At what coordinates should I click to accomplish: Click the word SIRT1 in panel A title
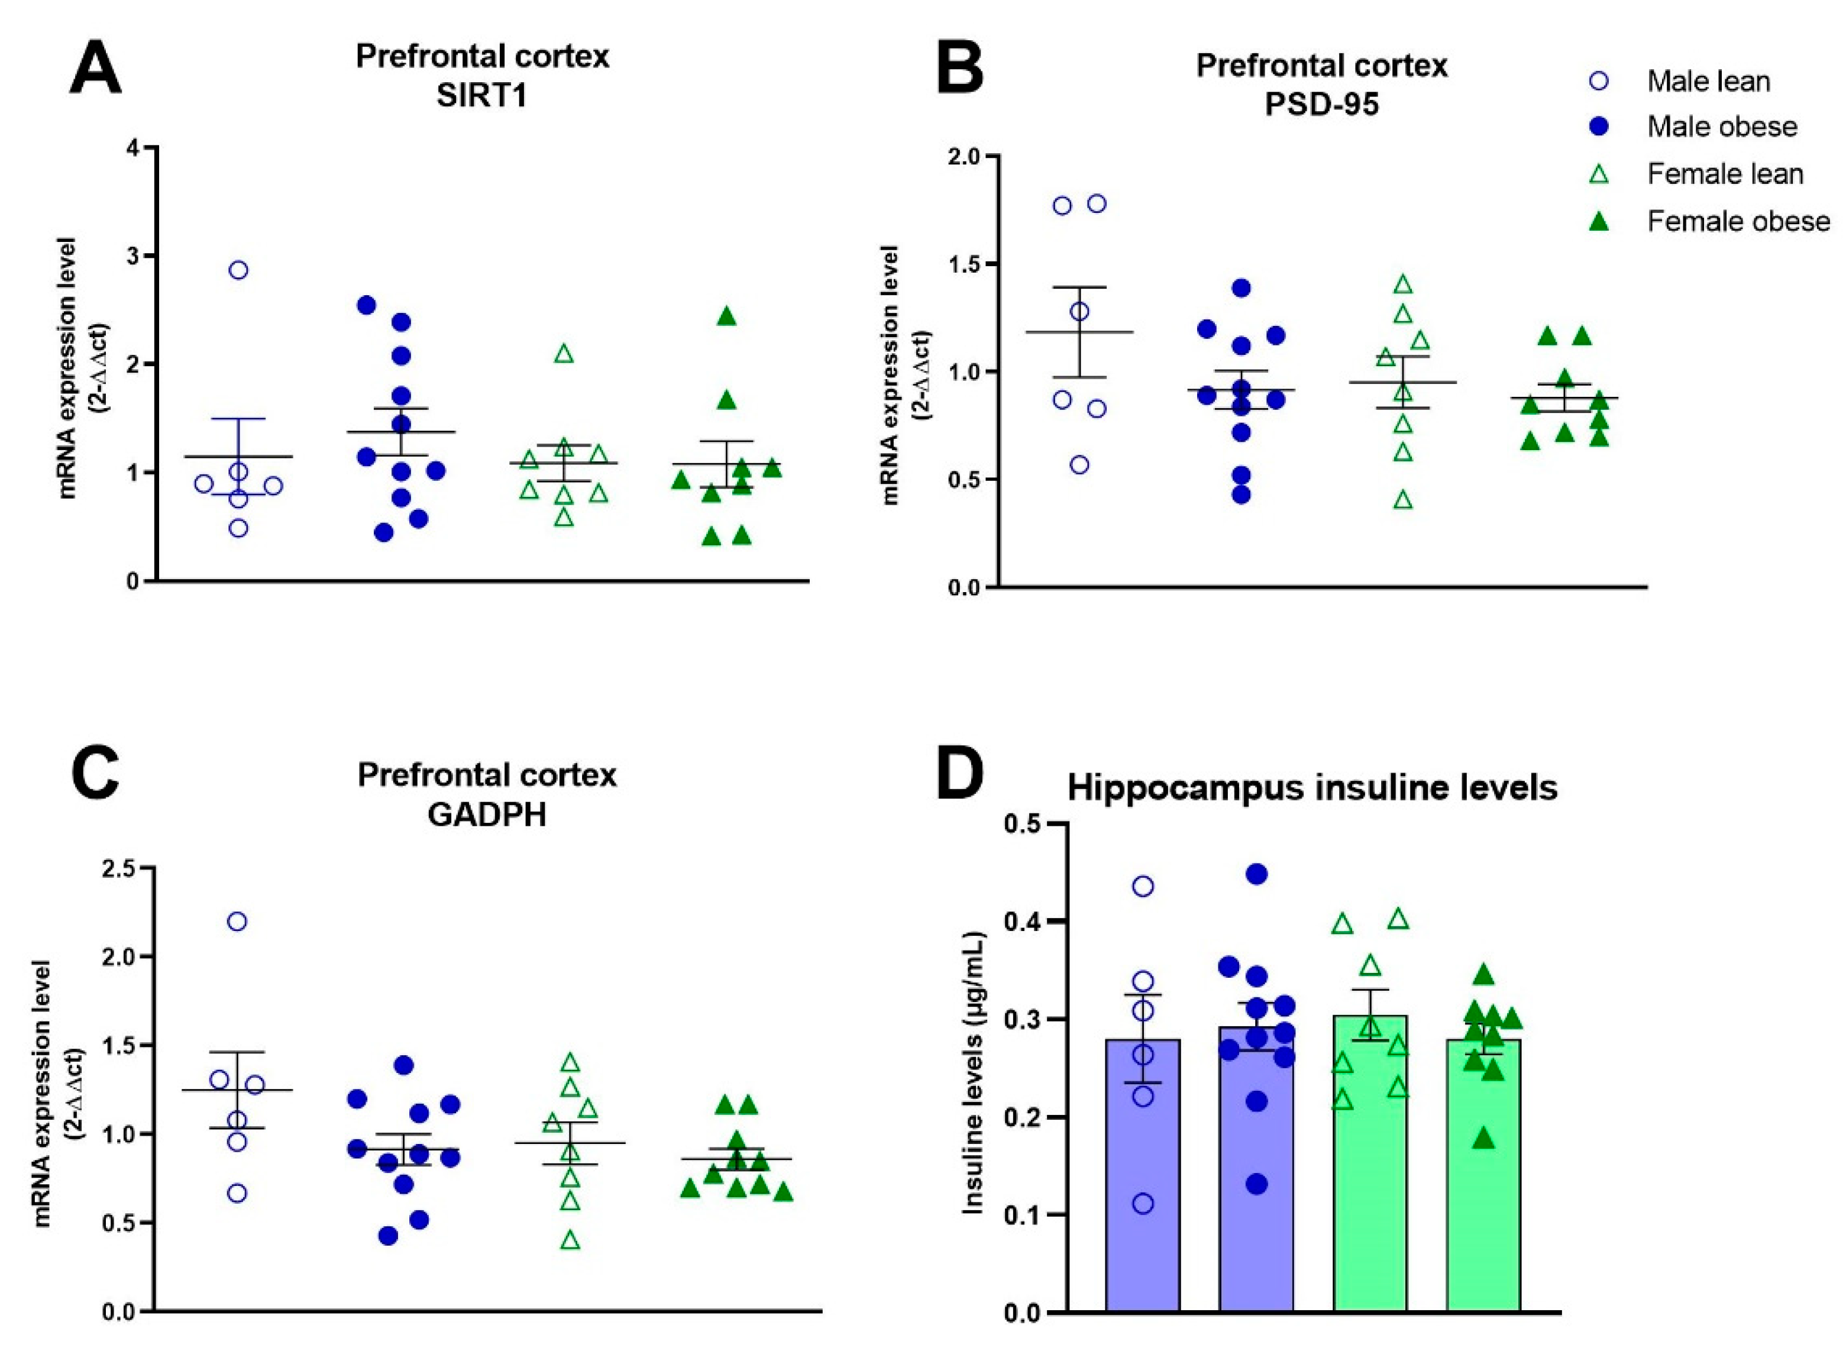point(481,96)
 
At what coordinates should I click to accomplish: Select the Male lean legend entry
point(1707,81)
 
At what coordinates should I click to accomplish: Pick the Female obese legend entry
point(1737,222)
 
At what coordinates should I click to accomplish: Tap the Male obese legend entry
point(1721,127)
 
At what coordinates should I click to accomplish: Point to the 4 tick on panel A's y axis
point(131,148)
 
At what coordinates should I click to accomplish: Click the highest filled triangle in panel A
point(726,317)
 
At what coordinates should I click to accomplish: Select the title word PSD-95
point(1321,105)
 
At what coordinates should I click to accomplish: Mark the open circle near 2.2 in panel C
point(237,922)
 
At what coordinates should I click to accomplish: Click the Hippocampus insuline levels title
point(1312,787)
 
